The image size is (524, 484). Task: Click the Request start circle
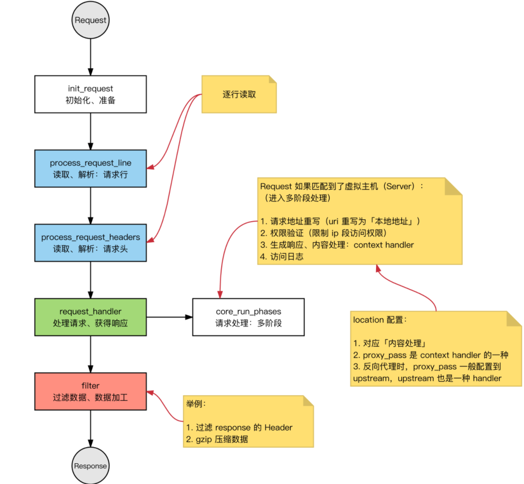pos(90,20)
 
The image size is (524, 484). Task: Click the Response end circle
pos(90,466)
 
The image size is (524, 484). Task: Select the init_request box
pos(90,94)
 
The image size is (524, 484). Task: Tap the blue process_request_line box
pos(90,168)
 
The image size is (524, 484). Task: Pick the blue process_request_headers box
pos(90,242)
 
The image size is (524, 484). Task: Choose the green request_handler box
pos(90,317)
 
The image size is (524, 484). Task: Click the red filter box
pos(90,391)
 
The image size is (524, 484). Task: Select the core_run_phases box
pos(248,317)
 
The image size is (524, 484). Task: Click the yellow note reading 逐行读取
pos(239,95)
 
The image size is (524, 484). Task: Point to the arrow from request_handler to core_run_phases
pos(170,317)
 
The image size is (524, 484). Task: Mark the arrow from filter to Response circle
pos(90,428)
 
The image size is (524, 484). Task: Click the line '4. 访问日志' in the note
pos(282,257)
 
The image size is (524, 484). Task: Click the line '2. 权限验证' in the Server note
pos(323,233)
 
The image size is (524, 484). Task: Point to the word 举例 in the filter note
pos(196,403)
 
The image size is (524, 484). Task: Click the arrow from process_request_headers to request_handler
pos(90,280)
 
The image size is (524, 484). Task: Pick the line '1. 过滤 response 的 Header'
pos(239,427)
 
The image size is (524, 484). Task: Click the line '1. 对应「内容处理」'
pos(390,344)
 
